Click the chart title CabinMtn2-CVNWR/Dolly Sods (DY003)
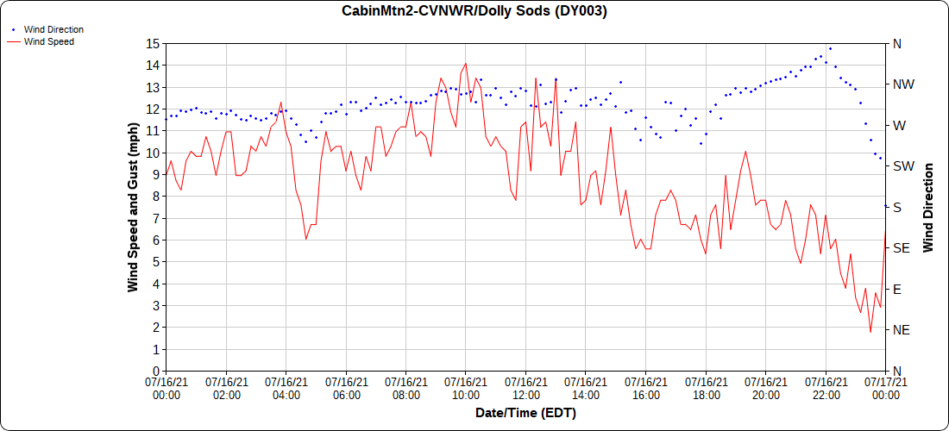[x=474, y=11]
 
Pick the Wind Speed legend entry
[x=48, y=41]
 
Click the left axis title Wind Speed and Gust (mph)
[x=133, y=207]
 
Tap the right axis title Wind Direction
[x=928, y=207]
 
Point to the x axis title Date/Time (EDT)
[x=525, y=413]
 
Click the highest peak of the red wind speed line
[x=466, y=63]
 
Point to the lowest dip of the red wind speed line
[x=870, y=332]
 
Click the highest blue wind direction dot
[x=830, y=48]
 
